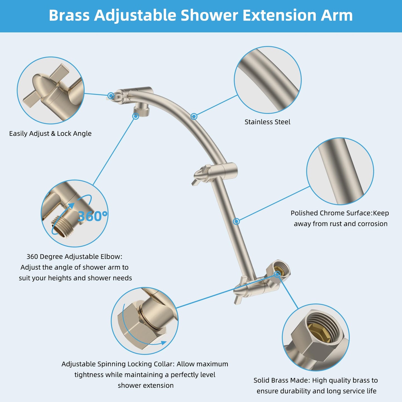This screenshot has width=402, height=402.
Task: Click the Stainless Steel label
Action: click(x=267, y=122)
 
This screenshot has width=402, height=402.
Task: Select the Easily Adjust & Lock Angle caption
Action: click(x=50, y=134)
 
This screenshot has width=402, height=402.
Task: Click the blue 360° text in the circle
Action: click(x=92, y=216)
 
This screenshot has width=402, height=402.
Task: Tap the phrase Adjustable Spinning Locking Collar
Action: click(x=118, y=364)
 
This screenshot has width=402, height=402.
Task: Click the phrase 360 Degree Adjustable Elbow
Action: click(x=74, y=257)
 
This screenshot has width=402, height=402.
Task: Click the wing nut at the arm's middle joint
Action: click(x=202, y=175)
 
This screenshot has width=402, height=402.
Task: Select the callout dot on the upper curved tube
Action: click(x=194, y=116)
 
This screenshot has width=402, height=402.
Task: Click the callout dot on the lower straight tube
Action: click(x=236, y=221)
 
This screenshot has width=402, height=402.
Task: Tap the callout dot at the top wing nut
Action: click(x=111, y=96)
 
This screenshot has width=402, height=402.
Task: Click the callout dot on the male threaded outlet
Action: click(x=135, y=116)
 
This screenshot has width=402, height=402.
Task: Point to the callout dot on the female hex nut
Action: click(x=277, y=274)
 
